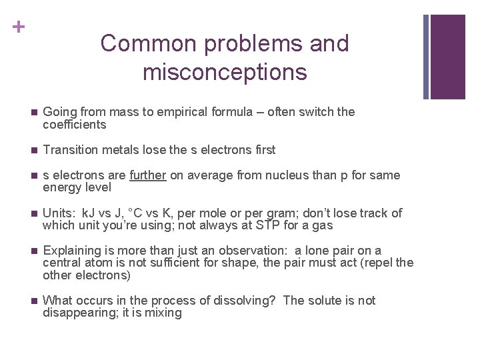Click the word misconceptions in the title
225,71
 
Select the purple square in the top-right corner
447,57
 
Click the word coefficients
74,125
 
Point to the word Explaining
71,251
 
